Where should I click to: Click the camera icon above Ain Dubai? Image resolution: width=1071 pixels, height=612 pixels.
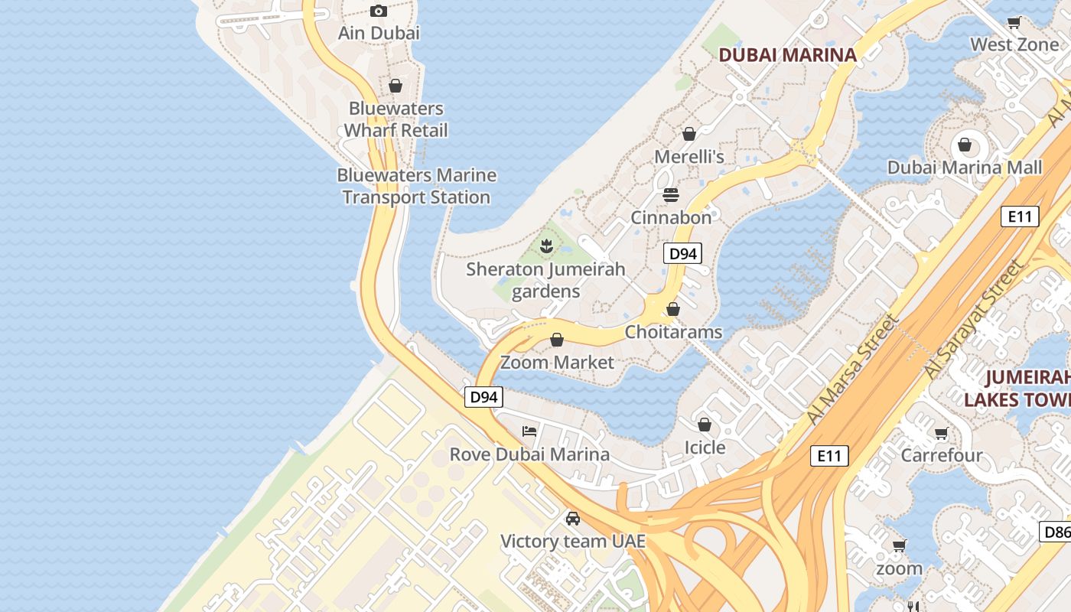pyautogui.click(x=379, y=11)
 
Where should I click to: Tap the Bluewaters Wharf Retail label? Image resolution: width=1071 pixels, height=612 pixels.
pyautogui.click(x=396, y=119)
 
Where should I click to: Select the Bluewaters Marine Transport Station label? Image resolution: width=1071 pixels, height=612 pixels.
pyautogui.click(x=417, y=186)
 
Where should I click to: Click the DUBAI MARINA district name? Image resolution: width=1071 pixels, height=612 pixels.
pyautogui.click(x=788, y=55)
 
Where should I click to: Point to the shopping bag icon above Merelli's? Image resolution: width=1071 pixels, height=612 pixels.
pyautogui.click(x=689, y=134)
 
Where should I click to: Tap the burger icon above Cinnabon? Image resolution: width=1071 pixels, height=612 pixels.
pyautogui.click(x=671, y=194)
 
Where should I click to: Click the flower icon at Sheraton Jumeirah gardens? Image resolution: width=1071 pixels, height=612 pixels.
pyautogui.click(x=546, y=246)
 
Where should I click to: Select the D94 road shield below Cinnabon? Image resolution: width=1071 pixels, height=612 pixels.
pyautogui.click(x=682, y=254)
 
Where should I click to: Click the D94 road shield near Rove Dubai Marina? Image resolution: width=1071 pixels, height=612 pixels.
pyautogui.click(x=483, y=397)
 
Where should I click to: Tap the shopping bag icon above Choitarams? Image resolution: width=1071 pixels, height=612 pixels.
pyautogui.click(x=673, y=309)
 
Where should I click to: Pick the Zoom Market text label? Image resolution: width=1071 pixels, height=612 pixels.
pyautogui.click(x=557, y=363)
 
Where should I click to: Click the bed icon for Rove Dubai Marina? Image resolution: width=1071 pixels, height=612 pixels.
pyautogui.click(x=529, y=431)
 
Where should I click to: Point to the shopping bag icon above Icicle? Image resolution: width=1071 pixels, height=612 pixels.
pyautogui.click(x=705, y=424)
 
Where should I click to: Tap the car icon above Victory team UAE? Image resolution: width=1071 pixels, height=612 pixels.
pyautogui.click(x=573, y=519)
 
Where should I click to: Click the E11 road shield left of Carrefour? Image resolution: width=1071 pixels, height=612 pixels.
pyautogui.click(x=829, y=456)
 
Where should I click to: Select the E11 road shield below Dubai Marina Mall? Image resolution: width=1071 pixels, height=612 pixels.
pyautogui.click(x=1020, y=216)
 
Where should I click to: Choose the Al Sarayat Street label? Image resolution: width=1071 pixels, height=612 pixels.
pyautogui.click(x=974, y=319)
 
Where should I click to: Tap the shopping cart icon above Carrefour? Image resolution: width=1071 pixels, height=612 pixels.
pyautogui.click(x=941, y=433)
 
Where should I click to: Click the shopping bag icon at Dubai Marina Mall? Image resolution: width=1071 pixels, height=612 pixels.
pyautogui.click(x=965, y=145)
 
